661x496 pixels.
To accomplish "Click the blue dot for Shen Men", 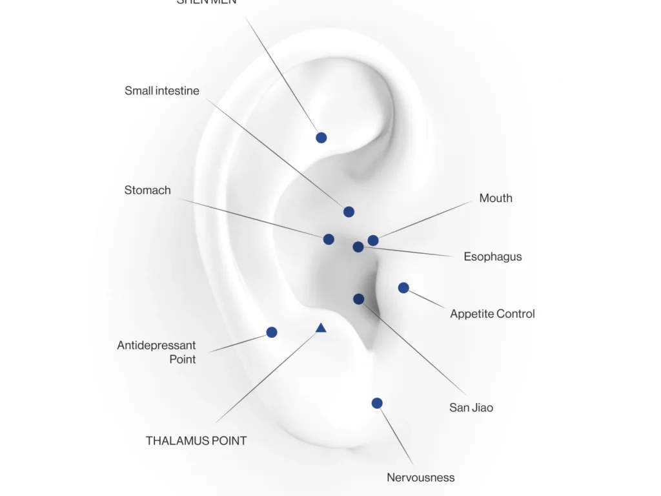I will click(321, 138).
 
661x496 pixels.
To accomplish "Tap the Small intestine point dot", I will click(349, 212).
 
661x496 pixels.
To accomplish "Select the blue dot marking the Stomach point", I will click(329, 239).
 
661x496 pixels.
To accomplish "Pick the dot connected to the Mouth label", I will click(373, 240).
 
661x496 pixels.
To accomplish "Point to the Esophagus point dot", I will click(358, 247).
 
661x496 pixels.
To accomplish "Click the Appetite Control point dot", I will click(403, 287).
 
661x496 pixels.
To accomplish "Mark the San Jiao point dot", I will click(359, 299).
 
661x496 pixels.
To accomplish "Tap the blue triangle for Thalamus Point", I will click(321, 328).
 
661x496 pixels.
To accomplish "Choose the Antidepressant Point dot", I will click(272, 332).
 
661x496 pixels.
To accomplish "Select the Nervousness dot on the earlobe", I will click(377, 403).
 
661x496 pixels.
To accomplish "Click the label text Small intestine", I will click(162, 91).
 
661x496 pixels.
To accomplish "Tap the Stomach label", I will click(148, 191).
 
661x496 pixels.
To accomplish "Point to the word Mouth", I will click(496, 198).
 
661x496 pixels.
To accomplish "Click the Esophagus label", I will click(493, 257).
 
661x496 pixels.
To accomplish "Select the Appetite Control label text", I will click(493, 314).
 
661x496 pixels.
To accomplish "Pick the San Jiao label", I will click(471, 408).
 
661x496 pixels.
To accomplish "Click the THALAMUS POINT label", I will click(196, 441).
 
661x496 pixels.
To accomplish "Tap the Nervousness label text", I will click(421, 478).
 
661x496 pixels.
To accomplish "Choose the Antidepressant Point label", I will click(157, 353).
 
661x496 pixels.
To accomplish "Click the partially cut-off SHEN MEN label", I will click(207, 2).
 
